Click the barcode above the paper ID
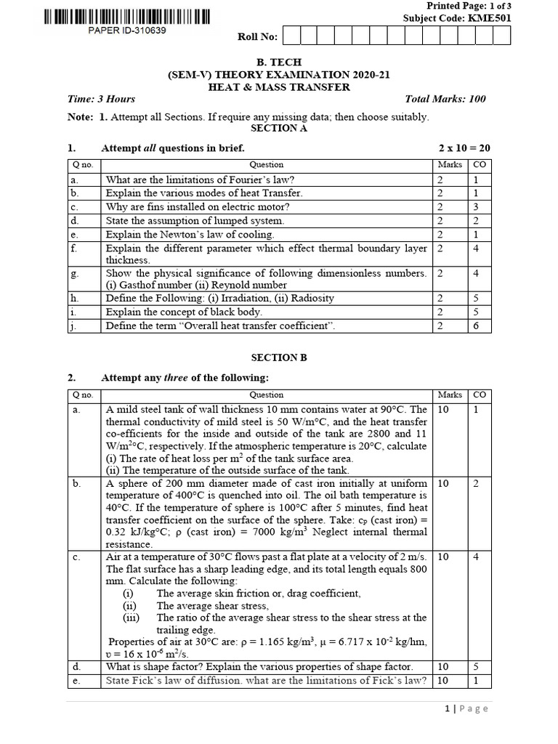coord(126,17)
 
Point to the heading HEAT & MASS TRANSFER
coord(280,87)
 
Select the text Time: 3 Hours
coord(101,100)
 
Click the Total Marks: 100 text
coord(445,100)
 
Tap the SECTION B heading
coord(279,357)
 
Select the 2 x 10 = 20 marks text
coord(464,148)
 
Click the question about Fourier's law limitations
coord(201,179)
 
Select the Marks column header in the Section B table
coord(450,395)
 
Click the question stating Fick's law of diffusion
coord(266,681)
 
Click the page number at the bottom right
coord(466,708)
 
